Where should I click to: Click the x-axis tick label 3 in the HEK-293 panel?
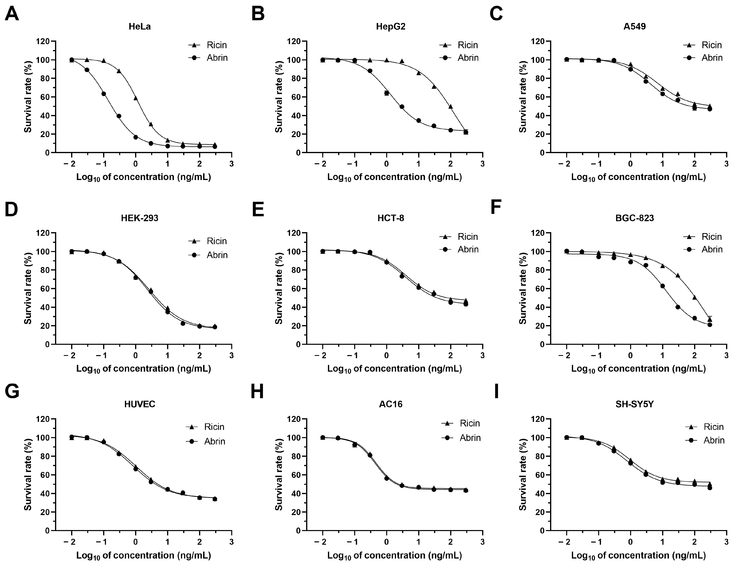(231, 355)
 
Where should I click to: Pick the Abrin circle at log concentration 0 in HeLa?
(135, 137)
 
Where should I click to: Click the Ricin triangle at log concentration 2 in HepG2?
(451, 106)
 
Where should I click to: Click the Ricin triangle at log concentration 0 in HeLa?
(135, 98)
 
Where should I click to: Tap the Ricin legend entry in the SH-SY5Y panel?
(704, 427)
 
